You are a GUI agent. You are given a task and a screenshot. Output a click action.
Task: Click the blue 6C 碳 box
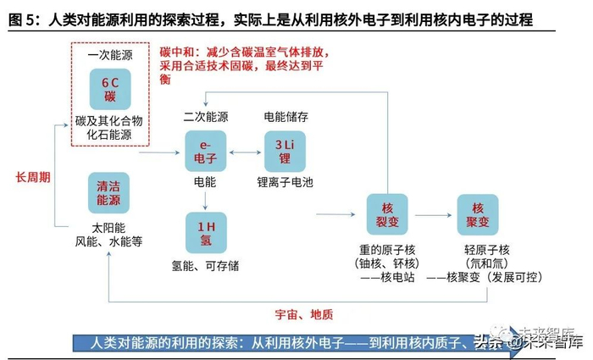110,89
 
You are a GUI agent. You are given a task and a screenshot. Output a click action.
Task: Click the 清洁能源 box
108,193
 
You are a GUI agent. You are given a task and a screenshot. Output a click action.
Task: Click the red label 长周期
33,177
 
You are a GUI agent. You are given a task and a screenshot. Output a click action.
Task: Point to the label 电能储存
285,116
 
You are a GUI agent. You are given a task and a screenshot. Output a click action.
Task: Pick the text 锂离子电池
285,183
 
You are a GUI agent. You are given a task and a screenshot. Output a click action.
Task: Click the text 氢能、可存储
207,266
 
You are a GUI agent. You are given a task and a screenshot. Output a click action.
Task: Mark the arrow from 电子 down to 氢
206,200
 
